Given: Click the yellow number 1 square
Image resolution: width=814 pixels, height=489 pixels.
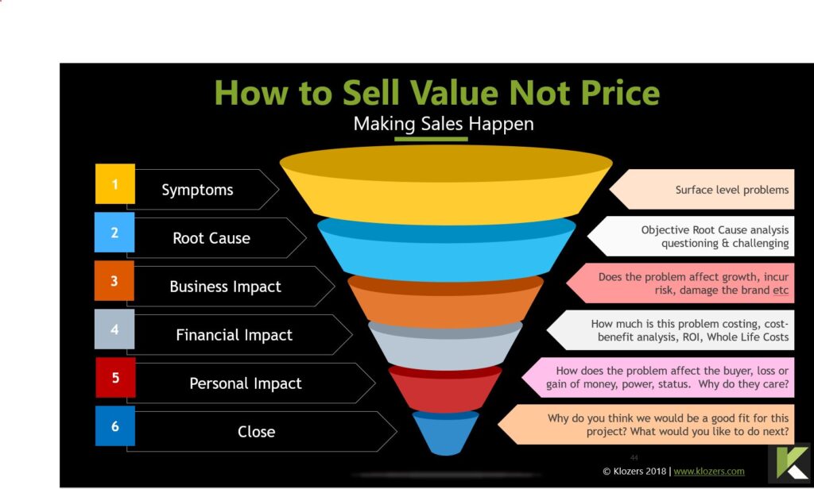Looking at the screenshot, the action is (114, 183).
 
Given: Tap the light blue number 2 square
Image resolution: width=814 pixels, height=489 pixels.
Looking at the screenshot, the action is (114, 232).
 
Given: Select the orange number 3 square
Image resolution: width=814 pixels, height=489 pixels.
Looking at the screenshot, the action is (114, 280).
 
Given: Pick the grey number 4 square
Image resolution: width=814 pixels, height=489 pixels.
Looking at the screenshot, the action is (114, 329).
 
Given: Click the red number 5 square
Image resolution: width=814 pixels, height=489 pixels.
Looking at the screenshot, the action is (115, 378).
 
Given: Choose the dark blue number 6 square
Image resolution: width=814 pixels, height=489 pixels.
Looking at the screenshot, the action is (114, 425).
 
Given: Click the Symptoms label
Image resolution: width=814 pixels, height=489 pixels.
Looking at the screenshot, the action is (197, 191).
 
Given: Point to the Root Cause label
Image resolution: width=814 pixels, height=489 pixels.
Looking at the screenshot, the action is (211, 238).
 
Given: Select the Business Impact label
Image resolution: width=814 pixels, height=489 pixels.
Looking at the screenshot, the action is (225, 287).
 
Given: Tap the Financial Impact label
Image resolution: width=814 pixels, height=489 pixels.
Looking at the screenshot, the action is (235, 335).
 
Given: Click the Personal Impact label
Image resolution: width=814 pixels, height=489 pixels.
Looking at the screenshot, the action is (246, 383).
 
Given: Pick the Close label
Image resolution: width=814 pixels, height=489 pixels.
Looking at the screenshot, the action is (257, 431).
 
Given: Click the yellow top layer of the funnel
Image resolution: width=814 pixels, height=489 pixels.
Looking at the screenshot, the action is (446, 185).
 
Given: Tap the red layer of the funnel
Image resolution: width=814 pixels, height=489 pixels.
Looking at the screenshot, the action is (445, 389).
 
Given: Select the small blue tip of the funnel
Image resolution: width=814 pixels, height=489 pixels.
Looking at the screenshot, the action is (445, 433).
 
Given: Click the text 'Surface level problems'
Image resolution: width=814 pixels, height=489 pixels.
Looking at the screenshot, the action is (732, 190).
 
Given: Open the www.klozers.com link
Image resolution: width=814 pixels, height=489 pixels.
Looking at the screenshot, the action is (708, 472).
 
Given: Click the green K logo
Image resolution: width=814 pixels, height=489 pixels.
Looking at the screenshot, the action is (789, 463).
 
